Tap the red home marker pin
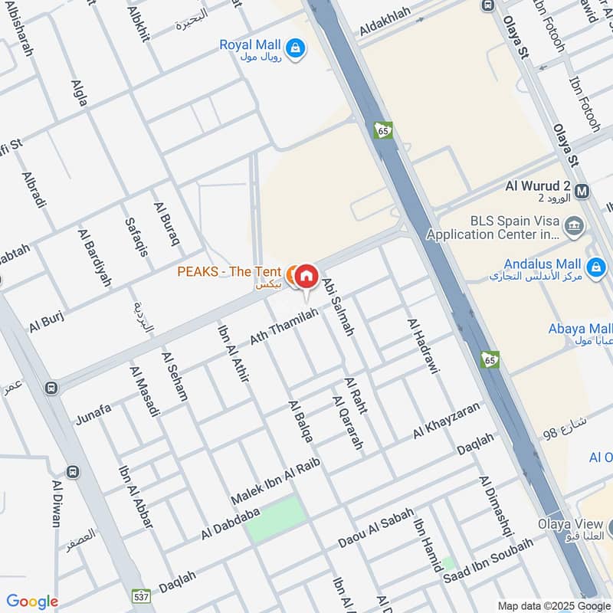(x=306, y=276)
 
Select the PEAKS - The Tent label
(x=228, y=271)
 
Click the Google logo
(x=31, y=602)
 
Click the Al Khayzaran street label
(x=446, y=420)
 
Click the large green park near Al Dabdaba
(x=276, y=519)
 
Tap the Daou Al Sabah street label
(x=375, y=528)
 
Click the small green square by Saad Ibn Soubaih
(x=448, y=563)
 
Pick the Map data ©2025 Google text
(x=552, y=605)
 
